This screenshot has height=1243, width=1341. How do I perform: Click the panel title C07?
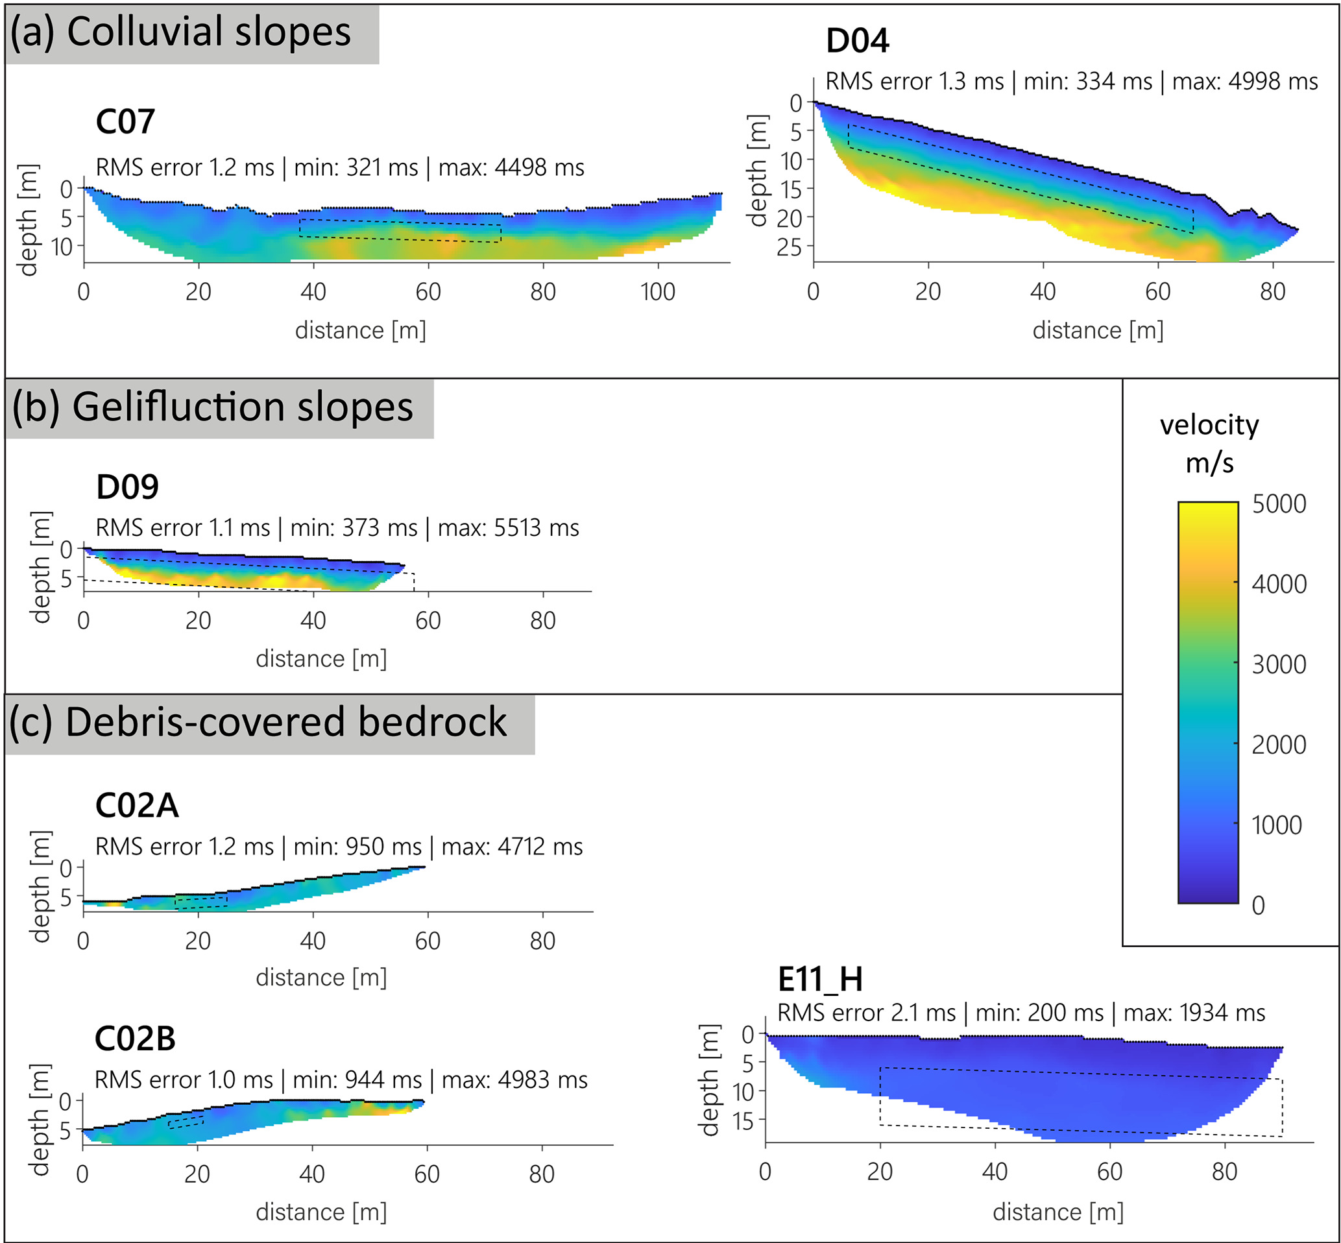pyautogui.click(x=125, y=122)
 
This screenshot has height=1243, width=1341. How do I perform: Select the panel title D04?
pyautogui.click(x=857, y=41)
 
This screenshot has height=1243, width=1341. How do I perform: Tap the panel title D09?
pyautogui.click(x=127, y=487)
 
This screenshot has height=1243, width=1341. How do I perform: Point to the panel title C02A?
pyautogui.click(x=136, y=806)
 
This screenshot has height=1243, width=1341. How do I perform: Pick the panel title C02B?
pyautogui.click(x=134, y=1039)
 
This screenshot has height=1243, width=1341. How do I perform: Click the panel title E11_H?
pyautogui.click(x=820, y=980)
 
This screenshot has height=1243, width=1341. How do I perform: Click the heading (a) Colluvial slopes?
pyautogui.click(x=180, y=32)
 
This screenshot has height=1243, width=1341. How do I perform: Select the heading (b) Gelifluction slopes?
pyautogui.click(x=213, y=407)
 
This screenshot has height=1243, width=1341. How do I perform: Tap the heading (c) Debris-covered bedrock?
pyautogui.click(x=258, y=723)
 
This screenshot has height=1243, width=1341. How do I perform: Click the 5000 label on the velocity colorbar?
pyautogui.click(x=1279, y=504)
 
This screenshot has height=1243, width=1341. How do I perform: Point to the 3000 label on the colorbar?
pyautogui.click(x=1279, y=664)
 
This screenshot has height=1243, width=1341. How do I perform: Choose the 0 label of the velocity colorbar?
pyautogui.click(x=1257, y=906)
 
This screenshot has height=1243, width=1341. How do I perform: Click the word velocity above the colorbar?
pyautogui.click(x=1209, y=425)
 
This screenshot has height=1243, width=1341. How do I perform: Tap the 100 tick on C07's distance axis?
pyautogui.click(x=657, y=292)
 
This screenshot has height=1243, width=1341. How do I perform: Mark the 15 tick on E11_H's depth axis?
pyautogui.click(x=743, y=1121)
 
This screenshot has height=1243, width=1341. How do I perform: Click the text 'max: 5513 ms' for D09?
pyautogui.click(x=509, y=528)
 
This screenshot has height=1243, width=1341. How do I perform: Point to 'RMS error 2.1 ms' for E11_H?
pyautogui.click(x=865, y=1013)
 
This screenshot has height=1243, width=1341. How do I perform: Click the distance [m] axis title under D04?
pyautogui.click(x=1098, y=331)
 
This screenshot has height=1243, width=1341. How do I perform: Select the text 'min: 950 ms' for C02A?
pyautogui.click(x=357, y=847)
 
